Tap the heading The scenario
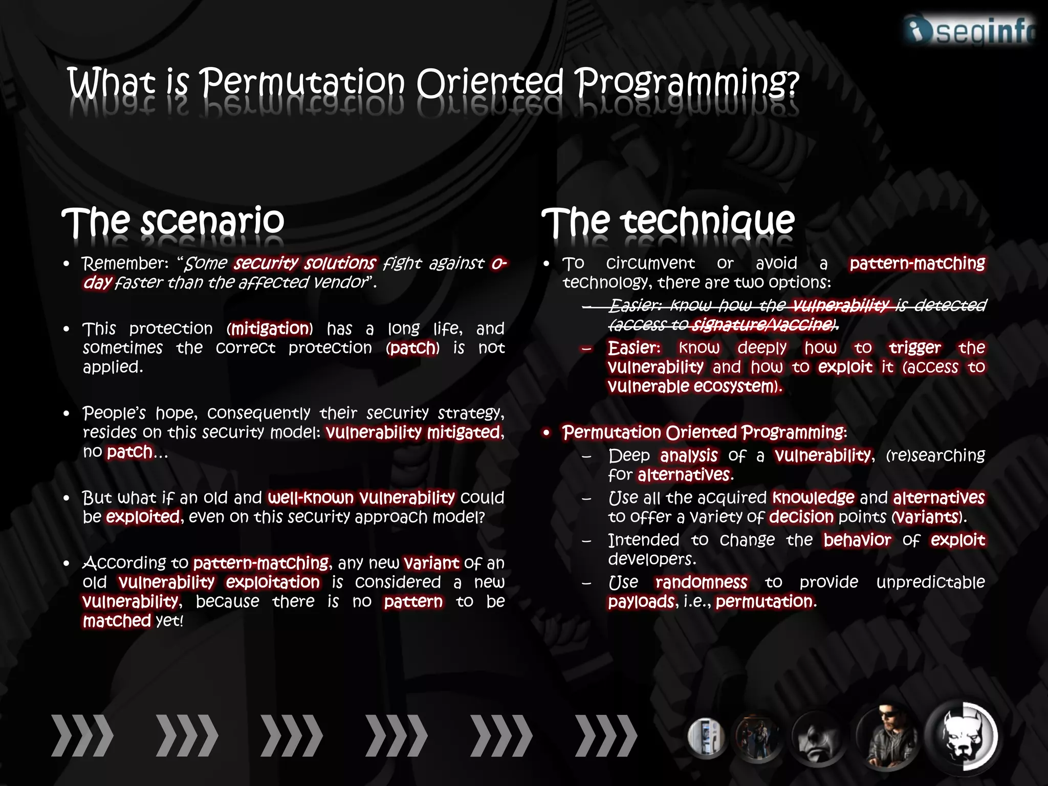click(173, 221)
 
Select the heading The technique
click(668, 221)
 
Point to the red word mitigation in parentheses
click(271, 329)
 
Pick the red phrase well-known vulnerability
click(361, 497)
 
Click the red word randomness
click(701, 582)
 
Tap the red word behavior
click(857, 540)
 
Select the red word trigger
click(914, 348)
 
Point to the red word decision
click(801, 517)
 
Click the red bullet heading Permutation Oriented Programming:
click(704, 432)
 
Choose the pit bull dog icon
click(963, 737)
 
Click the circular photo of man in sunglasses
click(887, 737)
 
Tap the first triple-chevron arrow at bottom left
click(82, 736)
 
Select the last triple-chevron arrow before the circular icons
click(606, 736)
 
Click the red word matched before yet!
click(117, 621)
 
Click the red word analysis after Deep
click(689, 455)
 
